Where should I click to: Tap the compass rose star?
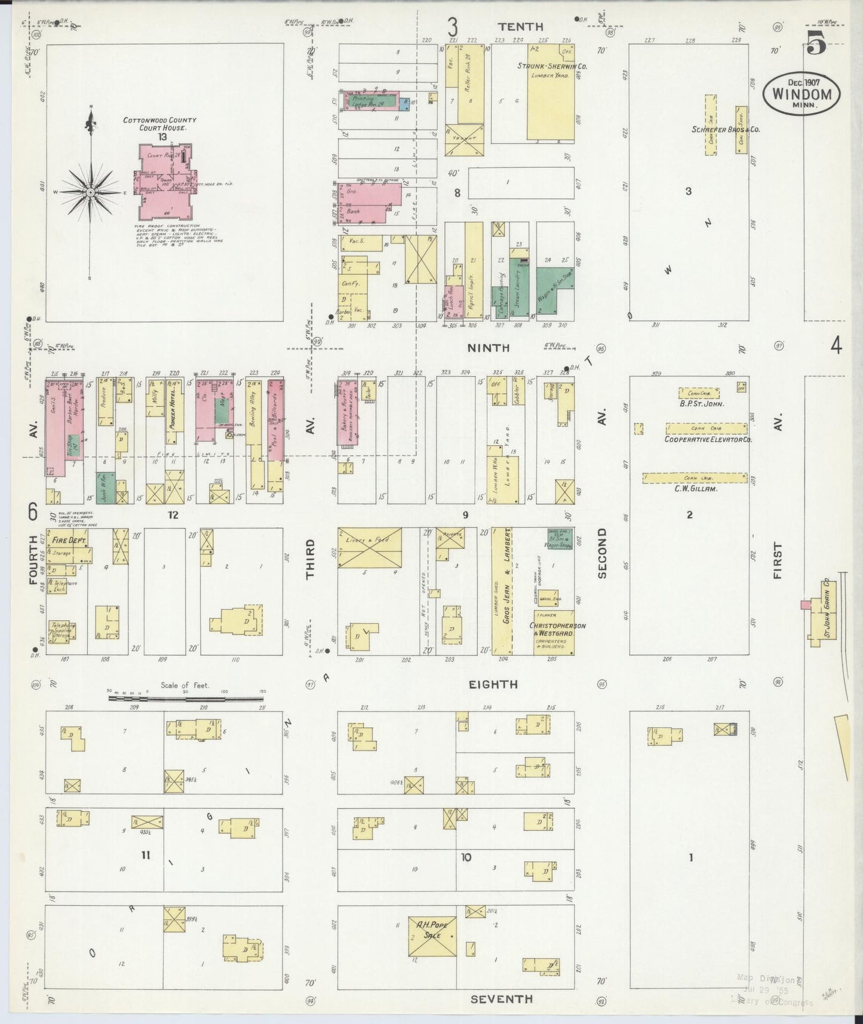90,192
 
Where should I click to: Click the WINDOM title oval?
801,94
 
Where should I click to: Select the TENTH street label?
521,27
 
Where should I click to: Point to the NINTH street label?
488,348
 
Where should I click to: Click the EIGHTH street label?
493,685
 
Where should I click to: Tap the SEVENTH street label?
501,999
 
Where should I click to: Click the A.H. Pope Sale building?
432,936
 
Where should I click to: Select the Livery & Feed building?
369,547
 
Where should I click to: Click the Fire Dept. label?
69,540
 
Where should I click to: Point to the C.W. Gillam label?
695,489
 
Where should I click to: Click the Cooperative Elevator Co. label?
708,439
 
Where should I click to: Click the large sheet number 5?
816,43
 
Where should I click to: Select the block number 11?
145,856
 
